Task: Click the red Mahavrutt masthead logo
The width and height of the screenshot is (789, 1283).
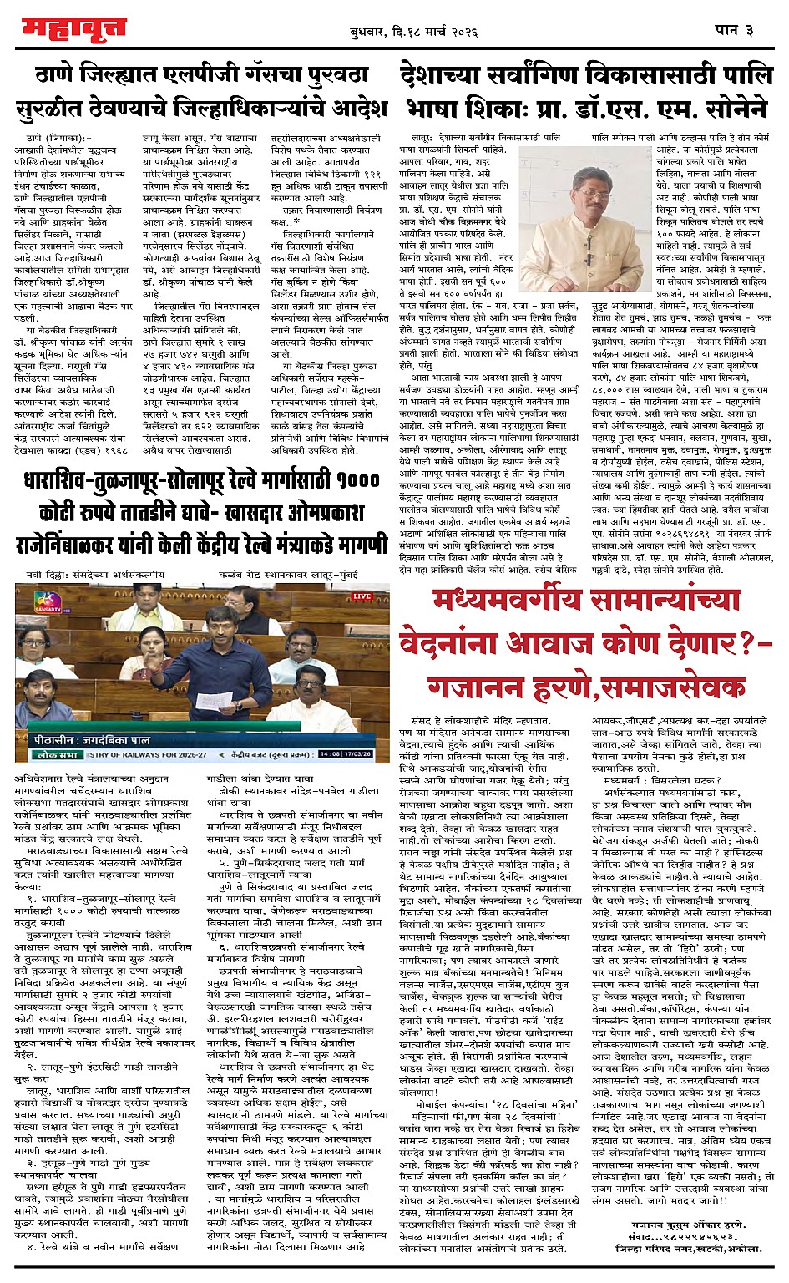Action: coord(74,28)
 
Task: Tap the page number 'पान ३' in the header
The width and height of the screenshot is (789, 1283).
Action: coord(735,30)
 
